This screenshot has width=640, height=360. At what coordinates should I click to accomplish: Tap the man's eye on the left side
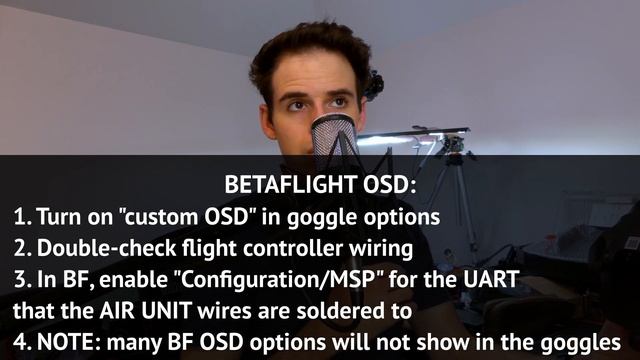(x=297, y=103)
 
